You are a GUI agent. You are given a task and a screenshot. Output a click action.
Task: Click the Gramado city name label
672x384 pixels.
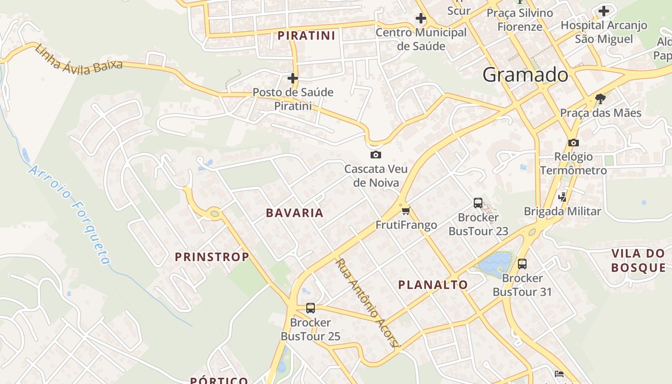[525, 75]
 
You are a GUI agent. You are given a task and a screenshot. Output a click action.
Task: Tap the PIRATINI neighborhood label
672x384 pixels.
[306, 36]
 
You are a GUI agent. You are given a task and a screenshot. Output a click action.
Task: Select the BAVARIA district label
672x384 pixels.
[295, 213]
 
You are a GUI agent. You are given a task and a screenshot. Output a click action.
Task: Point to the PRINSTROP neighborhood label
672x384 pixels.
[212, 257]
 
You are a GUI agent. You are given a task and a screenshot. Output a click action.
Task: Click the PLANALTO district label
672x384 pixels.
[432, 285]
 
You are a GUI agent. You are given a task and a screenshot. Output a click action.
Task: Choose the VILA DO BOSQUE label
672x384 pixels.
[638, 261]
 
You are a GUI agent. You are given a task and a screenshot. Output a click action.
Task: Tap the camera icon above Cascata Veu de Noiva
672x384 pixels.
[375, 155]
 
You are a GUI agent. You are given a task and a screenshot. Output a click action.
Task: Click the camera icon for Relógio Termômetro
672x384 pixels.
[573, 143]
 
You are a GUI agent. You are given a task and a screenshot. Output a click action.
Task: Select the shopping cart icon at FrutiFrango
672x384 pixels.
[406, 210]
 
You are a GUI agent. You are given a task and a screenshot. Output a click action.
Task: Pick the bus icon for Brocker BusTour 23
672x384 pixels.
[478, 203]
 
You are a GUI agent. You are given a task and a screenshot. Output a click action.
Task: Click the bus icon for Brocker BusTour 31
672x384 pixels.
[522, 264]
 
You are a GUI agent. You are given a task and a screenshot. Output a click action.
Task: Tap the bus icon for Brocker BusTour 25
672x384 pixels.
[311, 308]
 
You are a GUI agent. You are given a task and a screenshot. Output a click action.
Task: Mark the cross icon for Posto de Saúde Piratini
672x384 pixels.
[293, 78]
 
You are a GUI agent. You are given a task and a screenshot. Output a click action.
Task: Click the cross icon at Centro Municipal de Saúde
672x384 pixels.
[421, 18]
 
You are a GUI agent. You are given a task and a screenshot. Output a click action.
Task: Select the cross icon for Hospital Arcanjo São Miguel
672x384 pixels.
[604, 11]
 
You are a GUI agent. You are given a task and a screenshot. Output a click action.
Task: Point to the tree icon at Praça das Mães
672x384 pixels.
[600, 99]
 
